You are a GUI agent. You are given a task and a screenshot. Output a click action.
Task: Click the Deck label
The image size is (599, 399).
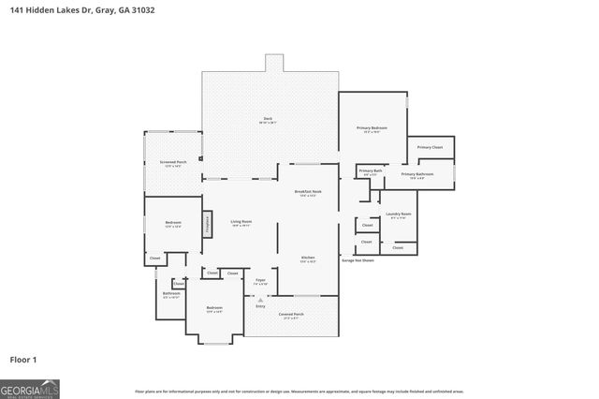pos(267,118)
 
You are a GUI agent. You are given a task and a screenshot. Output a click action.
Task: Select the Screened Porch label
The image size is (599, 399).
pos(172,163)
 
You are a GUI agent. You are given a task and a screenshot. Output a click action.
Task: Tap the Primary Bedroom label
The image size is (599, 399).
pos(372,128)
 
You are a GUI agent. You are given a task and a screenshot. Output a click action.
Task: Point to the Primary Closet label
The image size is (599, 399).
pos(430,147)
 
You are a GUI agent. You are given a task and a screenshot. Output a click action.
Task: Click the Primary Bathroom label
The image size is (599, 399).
pos(416,175)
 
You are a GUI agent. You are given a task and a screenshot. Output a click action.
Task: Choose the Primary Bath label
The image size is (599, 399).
pos(371,170)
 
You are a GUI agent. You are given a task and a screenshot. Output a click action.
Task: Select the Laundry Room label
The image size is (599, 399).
pos(398,215)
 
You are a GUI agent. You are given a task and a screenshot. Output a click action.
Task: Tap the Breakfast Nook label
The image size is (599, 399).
pos(308,192)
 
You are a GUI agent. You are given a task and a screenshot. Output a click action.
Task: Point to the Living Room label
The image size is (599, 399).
pos(241,222)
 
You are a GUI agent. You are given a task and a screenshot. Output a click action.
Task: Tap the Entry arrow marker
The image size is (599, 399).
pos(248,300)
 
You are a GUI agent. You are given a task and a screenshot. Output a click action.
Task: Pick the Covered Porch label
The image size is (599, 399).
pos(291,315)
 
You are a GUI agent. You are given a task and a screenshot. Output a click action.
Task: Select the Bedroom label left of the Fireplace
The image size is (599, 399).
pos(172,223)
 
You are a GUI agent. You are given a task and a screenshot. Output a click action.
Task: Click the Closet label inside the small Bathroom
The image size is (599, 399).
pos(178,284)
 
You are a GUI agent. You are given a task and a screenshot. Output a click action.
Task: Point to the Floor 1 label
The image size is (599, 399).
pos(23,358)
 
